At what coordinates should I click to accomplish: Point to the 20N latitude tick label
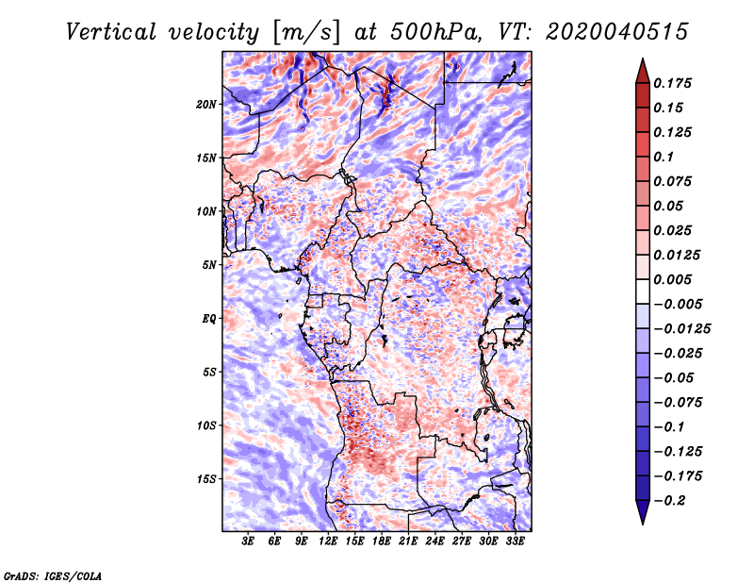[x=206, y=104]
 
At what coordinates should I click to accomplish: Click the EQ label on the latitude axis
[x=209, y=319]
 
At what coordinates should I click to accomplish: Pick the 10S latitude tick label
[x=206, y=425]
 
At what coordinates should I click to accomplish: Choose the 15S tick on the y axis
[x=206, y=479]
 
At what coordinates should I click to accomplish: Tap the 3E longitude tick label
[x=249, y=542]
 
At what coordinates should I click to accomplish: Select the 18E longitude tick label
[x=383, y=542]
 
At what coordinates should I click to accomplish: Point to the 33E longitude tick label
[x=516, y=542]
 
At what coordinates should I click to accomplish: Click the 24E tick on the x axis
[x=435, y=542]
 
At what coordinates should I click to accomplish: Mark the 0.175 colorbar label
[x=677, y=83]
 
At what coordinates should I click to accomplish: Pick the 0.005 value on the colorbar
[x=677, y=279]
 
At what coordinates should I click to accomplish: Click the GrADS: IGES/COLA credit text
[x=53, y=575]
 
